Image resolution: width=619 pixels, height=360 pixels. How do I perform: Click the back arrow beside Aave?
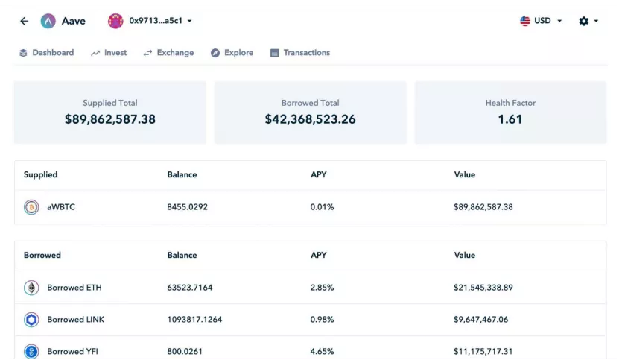point(24,21)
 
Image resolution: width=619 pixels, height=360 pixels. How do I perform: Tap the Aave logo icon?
point(48,21)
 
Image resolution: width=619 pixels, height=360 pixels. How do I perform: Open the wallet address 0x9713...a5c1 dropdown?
point(150,21)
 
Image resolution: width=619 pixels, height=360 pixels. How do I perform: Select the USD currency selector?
point(541,21)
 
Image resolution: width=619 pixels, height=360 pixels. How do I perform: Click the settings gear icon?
point(584,21)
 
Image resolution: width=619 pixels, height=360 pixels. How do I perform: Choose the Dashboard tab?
point(47,53)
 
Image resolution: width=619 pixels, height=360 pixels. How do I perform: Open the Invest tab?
point(109,53)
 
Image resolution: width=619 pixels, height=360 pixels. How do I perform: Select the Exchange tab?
point(168,53)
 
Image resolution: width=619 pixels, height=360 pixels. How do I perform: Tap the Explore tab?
point(232,53)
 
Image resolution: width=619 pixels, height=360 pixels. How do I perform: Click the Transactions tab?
point(300,53)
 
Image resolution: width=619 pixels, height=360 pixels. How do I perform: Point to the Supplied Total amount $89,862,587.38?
point(110,119)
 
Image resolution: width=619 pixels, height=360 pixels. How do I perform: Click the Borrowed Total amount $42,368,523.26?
point(311,119)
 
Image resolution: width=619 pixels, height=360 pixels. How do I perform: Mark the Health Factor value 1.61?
point(510,119)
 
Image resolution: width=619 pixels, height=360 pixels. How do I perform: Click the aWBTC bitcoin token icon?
point(31,207)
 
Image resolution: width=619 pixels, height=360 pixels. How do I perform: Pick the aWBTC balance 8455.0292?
point(187,207)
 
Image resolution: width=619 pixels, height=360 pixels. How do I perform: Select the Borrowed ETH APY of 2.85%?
point(322,288)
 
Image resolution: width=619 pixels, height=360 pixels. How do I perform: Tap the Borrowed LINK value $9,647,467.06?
point(481,320)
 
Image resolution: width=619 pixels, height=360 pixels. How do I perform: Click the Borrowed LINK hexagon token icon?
point(31,320)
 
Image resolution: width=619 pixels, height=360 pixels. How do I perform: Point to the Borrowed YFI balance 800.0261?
point(185,351)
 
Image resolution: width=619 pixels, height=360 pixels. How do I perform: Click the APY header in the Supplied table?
point(319,174)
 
